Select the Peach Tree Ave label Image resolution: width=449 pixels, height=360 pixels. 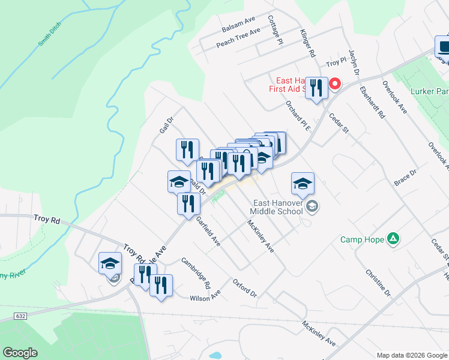(x=238, y=38)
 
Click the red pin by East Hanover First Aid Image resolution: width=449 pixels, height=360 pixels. (x=336, y=85)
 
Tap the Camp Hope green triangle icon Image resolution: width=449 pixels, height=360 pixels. (x=393, y=239)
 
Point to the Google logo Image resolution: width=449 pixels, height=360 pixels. (x=20, y=353)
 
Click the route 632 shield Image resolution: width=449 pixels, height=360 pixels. (x=19, y=316)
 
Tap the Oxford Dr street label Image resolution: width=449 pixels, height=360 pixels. (x=245, y=287)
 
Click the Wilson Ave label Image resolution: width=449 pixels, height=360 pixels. (x=205, y=296)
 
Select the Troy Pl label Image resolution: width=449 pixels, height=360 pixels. (x=336, y=62)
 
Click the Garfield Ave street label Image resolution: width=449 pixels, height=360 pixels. (x=208, y=232)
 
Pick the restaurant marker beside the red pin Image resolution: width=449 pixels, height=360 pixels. (x=316, y=88)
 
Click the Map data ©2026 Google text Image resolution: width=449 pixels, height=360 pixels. (x=412, y=355)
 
